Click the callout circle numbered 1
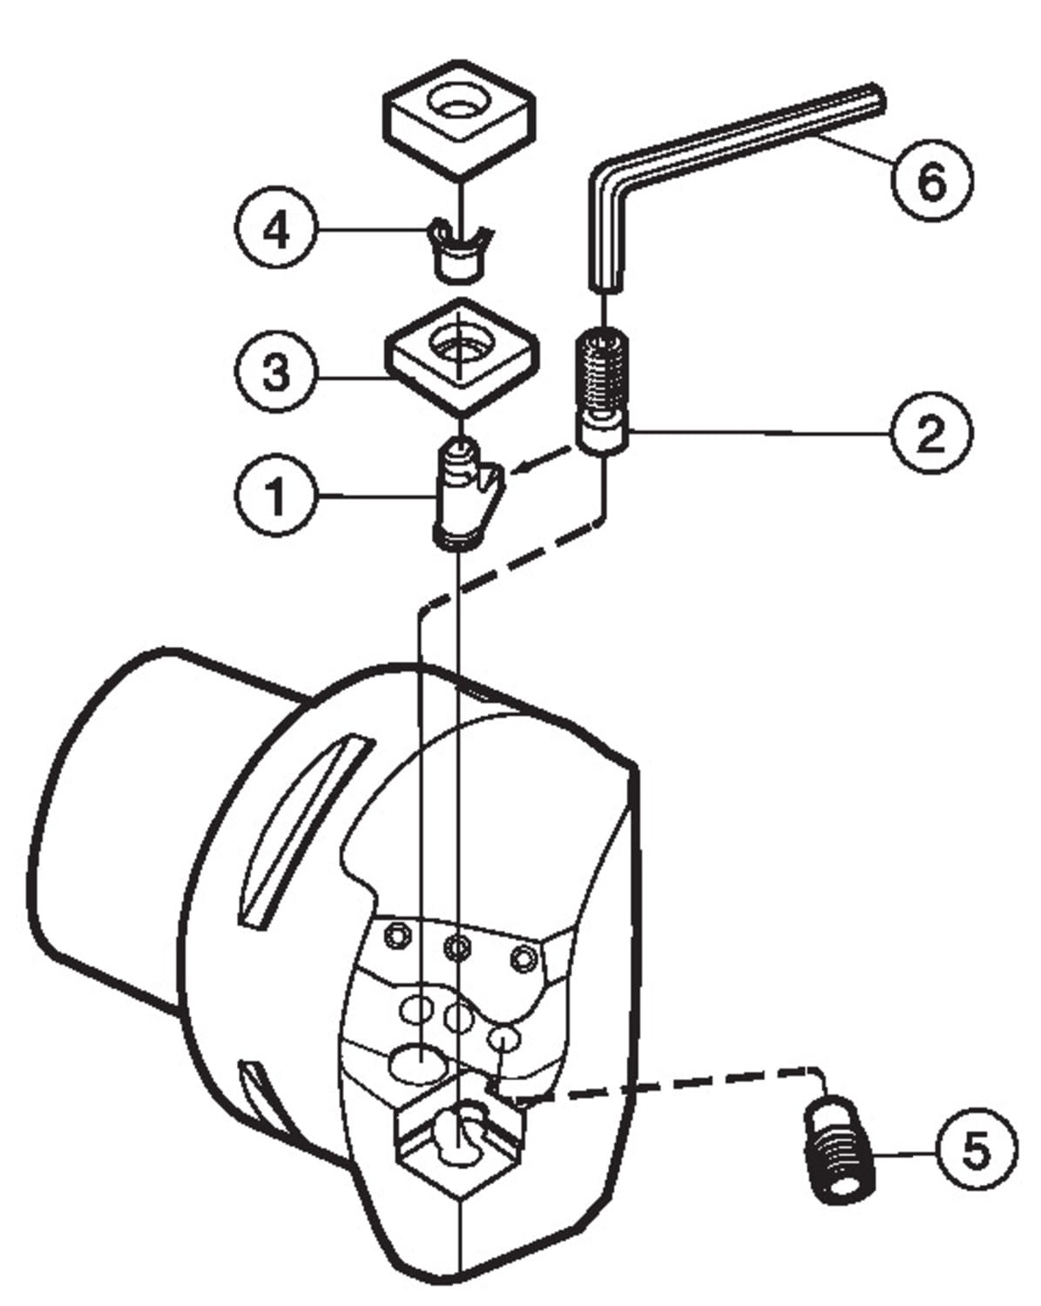tap(276, 495)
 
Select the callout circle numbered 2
tap(931, 432)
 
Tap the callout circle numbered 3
tap(276, 372)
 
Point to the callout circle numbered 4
tap(276, 229)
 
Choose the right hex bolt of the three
tap(523, 959)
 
